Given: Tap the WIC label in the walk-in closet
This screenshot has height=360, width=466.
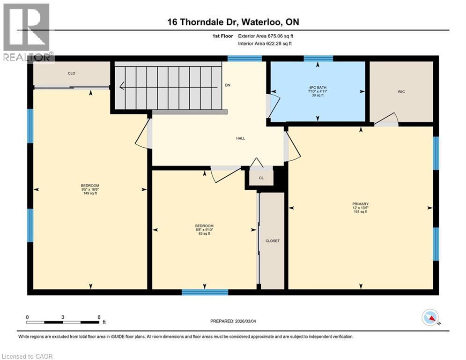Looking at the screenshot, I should pos(401,91).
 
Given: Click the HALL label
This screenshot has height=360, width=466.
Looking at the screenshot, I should pos(241,138).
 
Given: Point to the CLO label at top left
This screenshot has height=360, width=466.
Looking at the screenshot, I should pos(71,74).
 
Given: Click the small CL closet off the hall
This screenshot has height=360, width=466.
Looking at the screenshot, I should pos(261,178).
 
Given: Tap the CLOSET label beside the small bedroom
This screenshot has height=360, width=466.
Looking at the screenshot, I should pos(272,241).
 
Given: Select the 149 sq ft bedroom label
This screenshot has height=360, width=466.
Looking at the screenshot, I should pos(90,189).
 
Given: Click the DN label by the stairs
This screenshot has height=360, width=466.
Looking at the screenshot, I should pos(228,85).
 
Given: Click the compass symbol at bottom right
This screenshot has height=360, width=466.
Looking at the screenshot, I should pos(429,318).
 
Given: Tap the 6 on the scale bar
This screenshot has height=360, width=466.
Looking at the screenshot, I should pos(99,317).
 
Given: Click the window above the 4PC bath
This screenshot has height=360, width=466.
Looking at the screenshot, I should pos(318,59).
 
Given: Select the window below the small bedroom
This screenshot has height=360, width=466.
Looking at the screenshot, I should pos(205,292).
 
